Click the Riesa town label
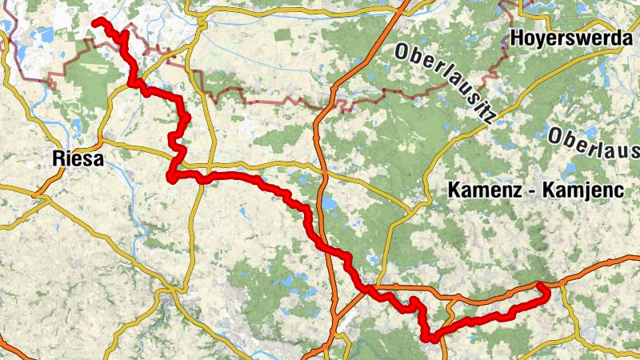(77, 158)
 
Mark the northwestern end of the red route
(95, 22)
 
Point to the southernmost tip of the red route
(433, 339)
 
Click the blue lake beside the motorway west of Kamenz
(329, 203)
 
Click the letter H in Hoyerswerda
(516, 37)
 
